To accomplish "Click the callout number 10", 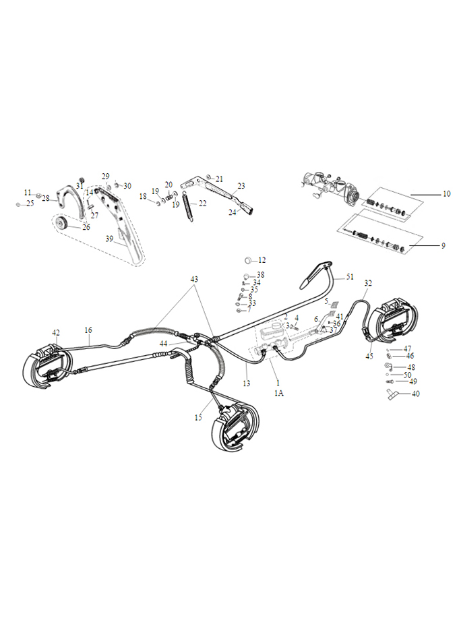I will point(446,194).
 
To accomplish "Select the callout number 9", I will point(443,246).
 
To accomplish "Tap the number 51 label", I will point(350,276).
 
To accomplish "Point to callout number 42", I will point(56,332).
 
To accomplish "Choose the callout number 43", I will point(194,279).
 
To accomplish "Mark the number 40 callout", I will point(415,394).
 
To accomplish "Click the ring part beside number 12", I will point(249,260).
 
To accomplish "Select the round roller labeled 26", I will point(64,224).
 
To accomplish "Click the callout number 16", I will point(88,330).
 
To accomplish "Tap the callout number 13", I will point(247,383).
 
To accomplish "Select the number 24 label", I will point(233,212).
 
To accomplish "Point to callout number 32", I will point(368,284).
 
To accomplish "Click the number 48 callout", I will point(411,367).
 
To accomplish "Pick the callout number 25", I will point(30,204).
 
